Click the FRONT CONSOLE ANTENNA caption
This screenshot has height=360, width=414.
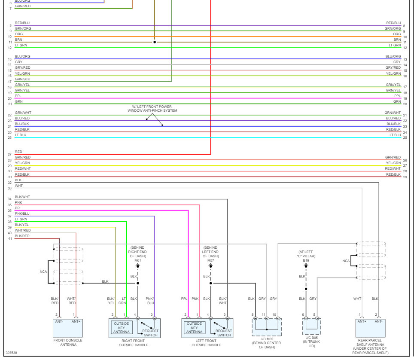point(67,343)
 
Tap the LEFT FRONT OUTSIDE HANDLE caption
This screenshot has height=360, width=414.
point(206,343)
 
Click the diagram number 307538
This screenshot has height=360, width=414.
point(12,353)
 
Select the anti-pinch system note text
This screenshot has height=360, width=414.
point(152,109)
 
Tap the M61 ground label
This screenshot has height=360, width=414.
point(137,260)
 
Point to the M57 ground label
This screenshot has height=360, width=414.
point(210,260)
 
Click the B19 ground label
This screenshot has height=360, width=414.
point(306,260)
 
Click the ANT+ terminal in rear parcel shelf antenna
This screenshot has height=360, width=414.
point(362,321)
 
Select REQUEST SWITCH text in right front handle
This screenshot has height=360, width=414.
point(150,333)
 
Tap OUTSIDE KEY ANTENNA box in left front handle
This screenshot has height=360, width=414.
point(194,328)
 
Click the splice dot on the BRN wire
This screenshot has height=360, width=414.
point(155,42)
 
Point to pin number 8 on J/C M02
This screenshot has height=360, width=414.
point(253,315)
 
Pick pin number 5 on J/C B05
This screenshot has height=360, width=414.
point(314,315)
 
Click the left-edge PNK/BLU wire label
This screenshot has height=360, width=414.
point(22,214)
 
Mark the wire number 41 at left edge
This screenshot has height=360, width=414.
point(9,238)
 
